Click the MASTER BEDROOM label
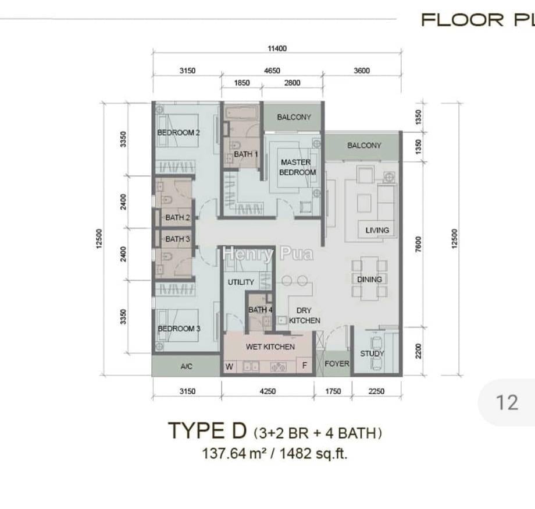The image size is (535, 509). [x=297, y=167]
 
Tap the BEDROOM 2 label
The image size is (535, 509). [x=179, y=133]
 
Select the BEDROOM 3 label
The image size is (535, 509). [x=179, y=328]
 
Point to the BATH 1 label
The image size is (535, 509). [x=245, y=154]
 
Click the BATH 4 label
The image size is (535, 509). [x=261, y=310]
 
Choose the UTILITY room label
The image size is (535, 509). [x=241, y=282]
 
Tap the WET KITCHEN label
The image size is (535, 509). [x=270, y=347]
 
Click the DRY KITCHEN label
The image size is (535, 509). [x=304, y=315]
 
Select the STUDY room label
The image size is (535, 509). [x=372, y=354]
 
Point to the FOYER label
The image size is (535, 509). [x=337, y=364]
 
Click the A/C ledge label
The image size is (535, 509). [x=186, y=366]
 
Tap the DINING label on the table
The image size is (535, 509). [x=369, y=280]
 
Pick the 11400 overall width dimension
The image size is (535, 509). [x=277, y=48]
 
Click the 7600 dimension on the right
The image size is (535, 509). [x=419, y=244]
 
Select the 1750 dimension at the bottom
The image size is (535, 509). [x=333, y=391]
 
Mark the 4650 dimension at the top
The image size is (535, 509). [x=272, y=70]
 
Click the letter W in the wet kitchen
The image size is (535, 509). [x=229, y=366]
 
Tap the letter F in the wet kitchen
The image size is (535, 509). [x=305, y=366]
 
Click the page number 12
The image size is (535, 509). [x=507, y=402]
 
